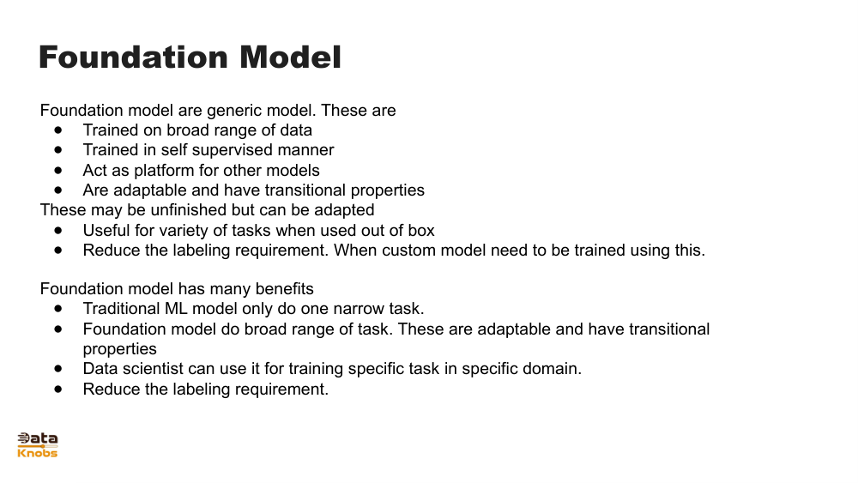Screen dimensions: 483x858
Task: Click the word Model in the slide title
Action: pos(290,57)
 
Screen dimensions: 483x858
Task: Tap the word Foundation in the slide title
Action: pos(135,57)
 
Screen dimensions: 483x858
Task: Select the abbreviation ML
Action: pos(175,309)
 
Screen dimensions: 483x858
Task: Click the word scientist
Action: pos(157,369)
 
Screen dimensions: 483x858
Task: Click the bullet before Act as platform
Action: pos(58,170)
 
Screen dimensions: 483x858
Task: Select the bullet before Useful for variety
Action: pos(58,230)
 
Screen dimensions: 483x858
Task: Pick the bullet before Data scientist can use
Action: pos(58,369)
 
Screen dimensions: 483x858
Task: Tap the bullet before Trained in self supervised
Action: pos(58,150)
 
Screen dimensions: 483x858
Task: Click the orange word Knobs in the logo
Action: pos(38,452)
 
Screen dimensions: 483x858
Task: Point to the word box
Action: pos(420,230)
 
